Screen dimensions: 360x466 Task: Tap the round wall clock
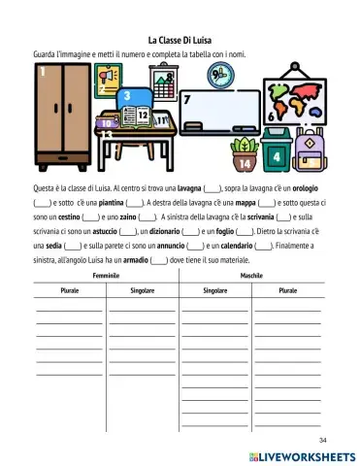pyautogui.click(x=221, y=75)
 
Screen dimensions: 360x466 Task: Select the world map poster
pyautogui.click(x=295, y=100)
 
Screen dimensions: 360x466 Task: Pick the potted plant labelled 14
pyautogui.click(x=245, y=154)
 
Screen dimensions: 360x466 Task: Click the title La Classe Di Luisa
pyautogui.click(x=180, y=41)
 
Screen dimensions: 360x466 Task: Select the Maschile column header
pyautogui.click(x=251, y=277)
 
